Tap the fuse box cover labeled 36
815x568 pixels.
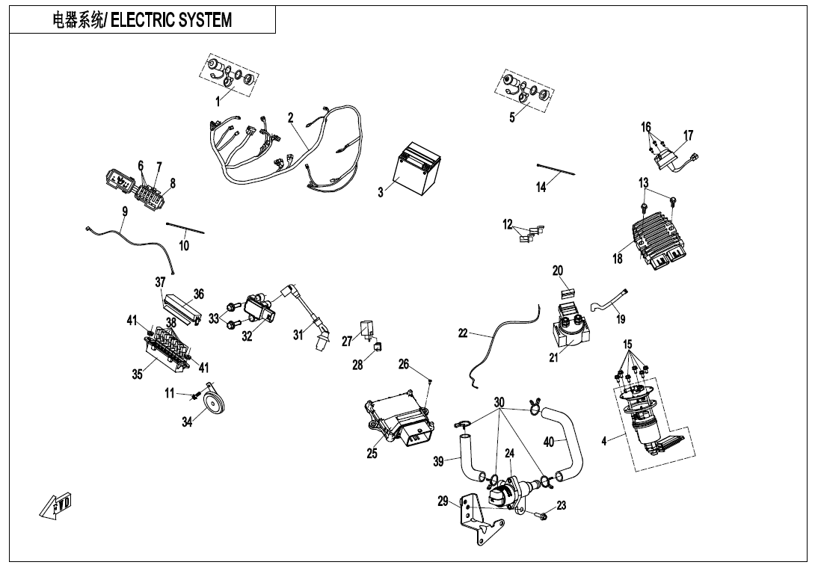pyautogui.click(x=183, y=307)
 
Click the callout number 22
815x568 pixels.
pyautogui.click(x=463, y=334)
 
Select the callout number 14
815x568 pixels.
pyautogui.click(x=541, y=188)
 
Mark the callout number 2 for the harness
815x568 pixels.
pyautogui.click(x=290, y=117)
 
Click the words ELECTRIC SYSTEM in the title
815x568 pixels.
pyautogui.click(x=171, y=20)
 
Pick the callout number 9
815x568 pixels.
pyautogui.click(x=125, y=212)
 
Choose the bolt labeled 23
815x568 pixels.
pyautogui.click(x=542, y=516)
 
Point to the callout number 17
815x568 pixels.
pyautogui.click(x=688, y=135)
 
